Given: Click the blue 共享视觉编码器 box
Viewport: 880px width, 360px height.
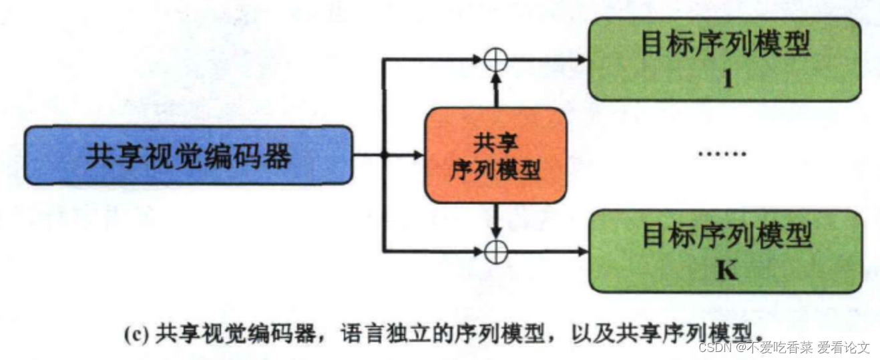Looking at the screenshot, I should click(x=188, y=155).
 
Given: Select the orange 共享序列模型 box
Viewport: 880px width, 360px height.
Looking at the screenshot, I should click(x=495, y=155).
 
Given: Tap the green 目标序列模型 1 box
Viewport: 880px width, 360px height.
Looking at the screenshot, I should click(x=724, y=59).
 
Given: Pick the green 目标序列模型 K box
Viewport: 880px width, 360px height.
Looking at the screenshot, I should click(x=724, y=251).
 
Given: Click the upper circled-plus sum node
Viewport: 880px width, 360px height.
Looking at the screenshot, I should click(x=495, y=60).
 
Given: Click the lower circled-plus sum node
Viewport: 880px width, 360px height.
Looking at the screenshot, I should click(x=495, y=251).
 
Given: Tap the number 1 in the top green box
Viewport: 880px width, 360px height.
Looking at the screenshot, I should click(x=728, y=79).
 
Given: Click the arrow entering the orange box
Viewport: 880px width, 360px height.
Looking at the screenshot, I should click(x=407, y=155).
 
